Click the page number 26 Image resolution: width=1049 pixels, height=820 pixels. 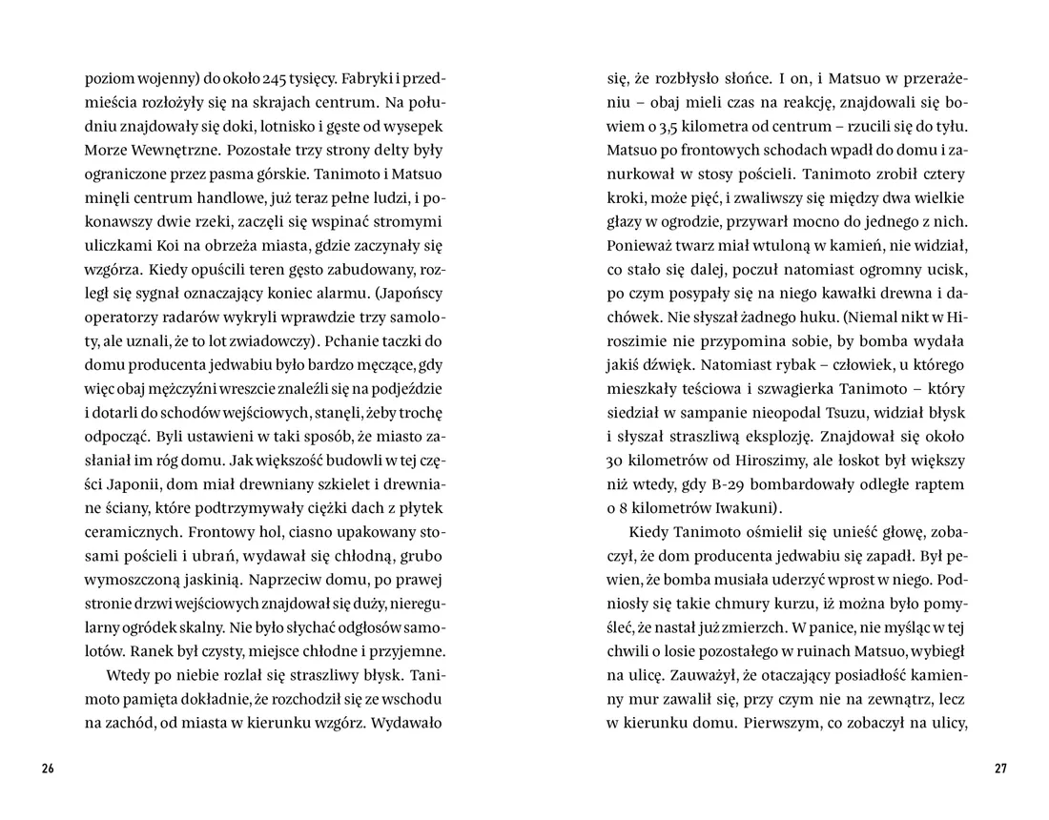[x=48, y=769]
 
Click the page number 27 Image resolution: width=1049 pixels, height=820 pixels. [x=1000, y=769]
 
